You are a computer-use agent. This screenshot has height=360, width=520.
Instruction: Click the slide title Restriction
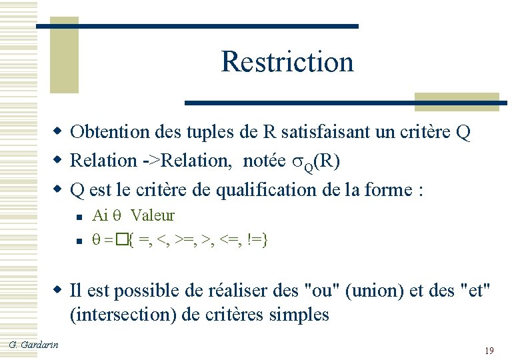[287, 61]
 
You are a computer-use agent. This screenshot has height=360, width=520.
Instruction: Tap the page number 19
[489, 351]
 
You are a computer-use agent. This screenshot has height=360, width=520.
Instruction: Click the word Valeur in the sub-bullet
[153, 215]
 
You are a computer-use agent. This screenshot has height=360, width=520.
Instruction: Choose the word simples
[299, 314]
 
